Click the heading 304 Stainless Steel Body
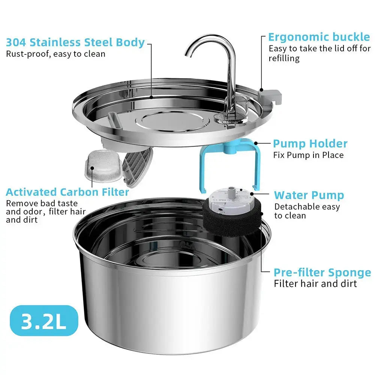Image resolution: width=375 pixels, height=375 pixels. point(75,42)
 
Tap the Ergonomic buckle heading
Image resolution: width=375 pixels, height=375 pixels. point(319,37)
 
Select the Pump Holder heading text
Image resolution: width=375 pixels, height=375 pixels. point(310,144)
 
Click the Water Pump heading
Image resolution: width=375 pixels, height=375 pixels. point(309,195)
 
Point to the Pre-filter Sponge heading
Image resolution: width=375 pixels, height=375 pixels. point(322,273)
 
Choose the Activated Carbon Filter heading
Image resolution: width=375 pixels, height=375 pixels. point(67,192)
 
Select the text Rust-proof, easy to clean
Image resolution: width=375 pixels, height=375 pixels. point(55,54)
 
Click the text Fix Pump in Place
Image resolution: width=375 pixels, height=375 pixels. point(308,155)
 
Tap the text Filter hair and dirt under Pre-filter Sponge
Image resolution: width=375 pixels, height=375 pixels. point(315,283)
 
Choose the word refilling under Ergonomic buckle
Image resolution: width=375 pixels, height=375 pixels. point(284,58)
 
